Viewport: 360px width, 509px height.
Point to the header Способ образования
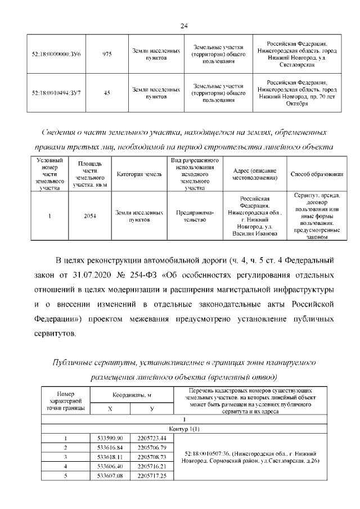[x=317, y=175]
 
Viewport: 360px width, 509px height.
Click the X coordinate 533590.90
[x=110, y=438]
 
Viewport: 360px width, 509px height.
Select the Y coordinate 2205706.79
[x=152, y=448]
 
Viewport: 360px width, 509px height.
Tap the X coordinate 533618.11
[x=110, y=457]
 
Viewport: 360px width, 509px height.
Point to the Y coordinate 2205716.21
[x=152, y=467]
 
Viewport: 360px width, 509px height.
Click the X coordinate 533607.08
[x=110, y=476]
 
